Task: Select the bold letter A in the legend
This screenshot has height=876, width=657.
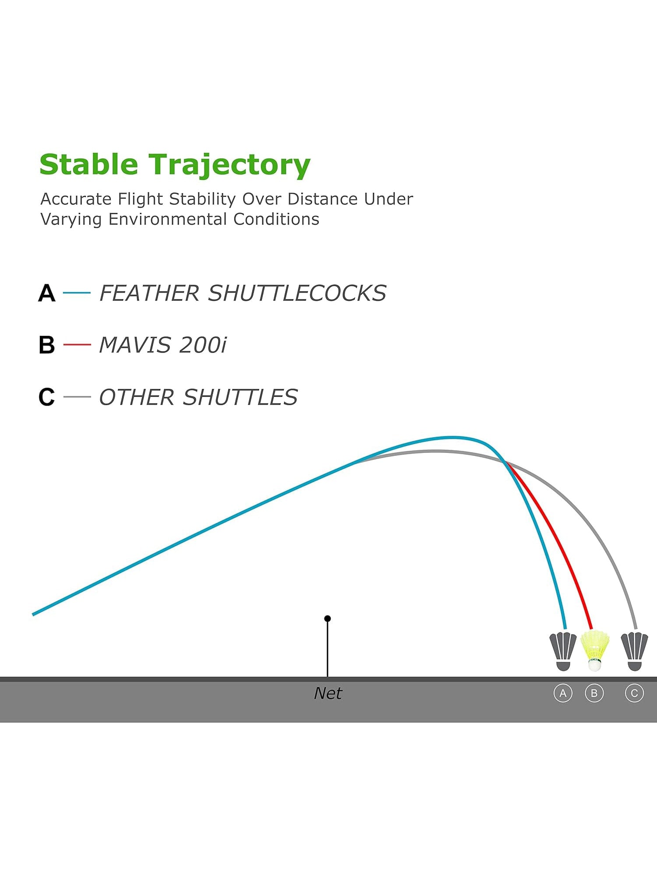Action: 47,293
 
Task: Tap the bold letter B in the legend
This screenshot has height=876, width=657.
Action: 47,345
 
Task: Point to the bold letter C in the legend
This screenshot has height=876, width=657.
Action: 47,397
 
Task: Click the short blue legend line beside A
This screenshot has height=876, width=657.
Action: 77,293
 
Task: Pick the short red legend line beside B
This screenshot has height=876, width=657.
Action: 77,345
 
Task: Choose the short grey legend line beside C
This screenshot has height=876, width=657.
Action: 77,397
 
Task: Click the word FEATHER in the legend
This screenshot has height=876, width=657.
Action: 150,293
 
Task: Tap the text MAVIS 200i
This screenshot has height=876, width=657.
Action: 163,345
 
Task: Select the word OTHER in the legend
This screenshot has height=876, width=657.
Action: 137,397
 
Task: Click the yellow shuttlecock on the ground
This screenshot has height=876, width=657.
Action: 595,650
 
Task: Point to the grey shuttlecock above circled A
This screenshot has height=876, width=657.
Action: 563,651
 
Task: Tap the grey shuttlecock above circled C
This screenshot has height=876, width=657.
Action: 635,651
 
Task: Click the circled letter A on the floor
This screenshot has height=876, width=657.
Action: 563,693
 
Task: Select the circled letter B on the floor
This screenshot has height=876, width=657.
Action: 594,693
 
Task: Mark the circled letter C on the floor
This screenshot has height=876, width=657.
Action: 634,693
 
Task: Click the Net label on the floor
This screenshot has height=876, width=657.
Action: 328,693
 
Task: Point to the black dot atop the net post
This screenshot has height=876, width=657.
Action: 328,618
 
